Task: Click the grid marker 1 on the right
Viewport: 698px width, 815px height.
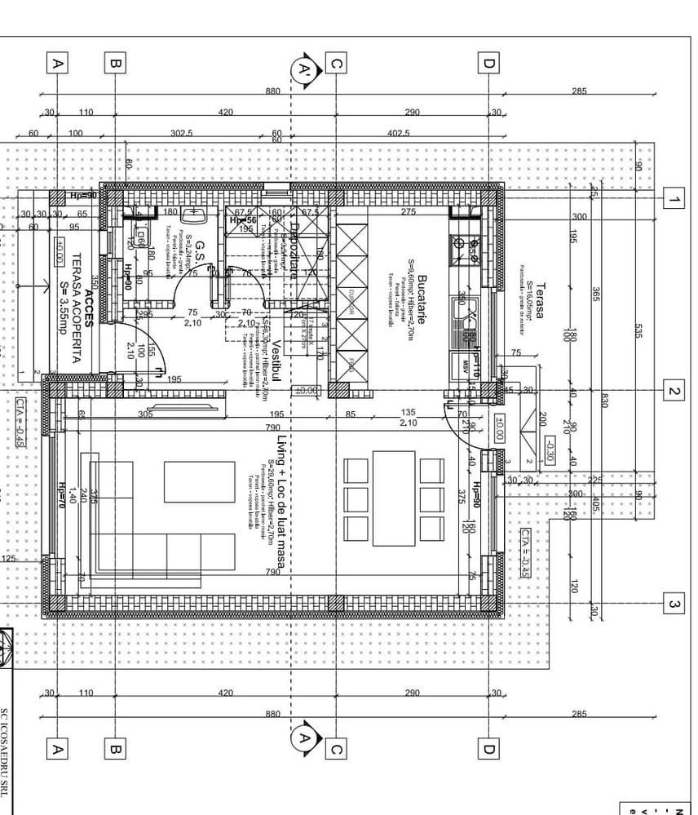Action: pyautogui.click(x=674, y=198)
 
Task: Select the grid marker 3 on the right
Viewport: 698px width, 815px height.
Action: pyautogui.click(x=674, y=604)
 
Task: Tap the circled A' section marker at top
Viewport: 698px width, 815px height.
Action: pyautogui.click(x=305, y=70)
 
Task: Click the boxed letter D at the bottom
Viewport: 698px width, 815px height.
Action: pyautogui.click(x=488, y=748)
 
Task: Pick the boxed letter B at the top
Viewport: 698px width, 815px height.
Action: pyautogui.click(x=115, y=62)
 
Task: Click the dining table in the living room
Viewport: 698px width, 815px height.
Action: pyautogui.click(x=394, y=498)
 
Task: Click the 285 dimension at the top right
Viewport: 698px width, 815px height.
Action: pyautogui.click(x=578, y=91)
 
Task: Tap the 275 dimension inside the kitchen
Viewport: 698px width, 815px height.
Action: pyautogui.click(x=408, y=211)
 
